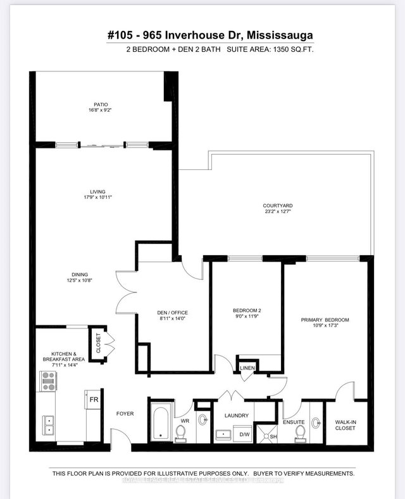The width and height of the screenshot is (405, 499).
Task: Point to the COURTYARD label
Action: pos(277,206)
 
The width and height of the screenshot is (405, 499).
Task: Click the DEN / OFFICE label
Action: pos(172,313)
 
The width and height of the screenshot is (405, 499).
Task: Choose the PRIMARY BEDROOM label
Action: pos(325,320)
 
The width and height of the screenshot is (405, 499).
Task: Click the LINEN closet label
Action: pos(246,368)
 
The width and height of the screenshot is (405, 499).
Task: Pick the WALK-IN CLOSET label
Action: pos(340,424)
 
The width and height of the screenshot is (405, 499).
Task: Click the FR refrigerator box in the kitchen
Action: pos(93,400)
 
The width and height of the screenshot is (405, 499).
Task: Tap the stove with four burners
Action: pos(48,380)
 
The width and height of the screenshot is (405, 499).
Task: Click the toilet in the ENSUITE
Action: pos(301,433)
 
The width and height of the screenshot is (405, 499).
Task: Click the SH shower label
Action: pos(273,436)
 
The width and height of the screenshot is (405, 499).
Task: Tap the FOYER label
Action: pos(125,414)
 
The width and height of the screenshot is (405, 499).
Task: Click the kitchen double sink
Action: pos(48,424)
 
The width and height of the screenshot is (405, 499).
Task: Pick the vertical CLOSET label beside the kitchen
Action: pos(98,344)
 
